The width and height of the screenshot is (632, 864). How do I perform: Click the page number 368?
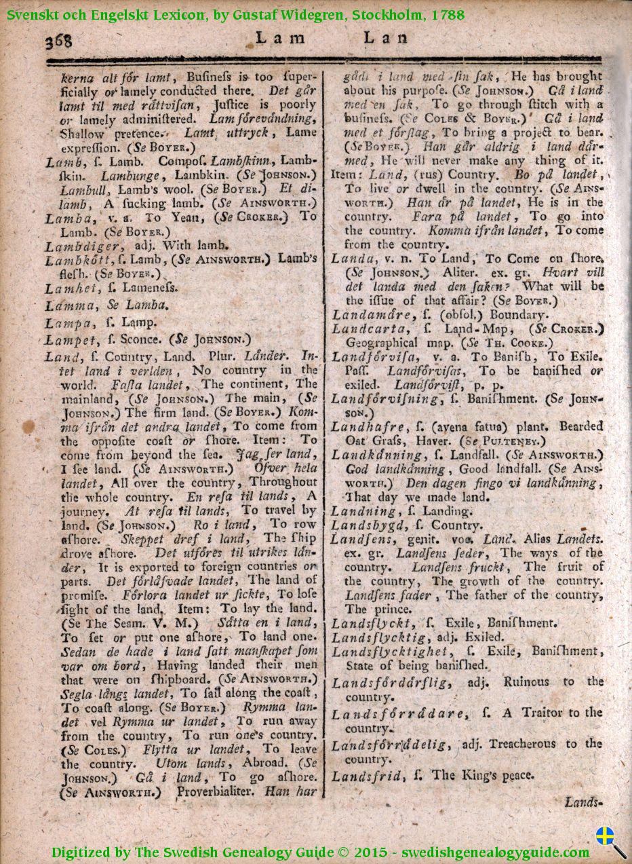[x=58, y=42]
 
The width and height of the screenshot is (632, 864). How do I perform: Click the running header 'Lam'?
[x=279, y=38]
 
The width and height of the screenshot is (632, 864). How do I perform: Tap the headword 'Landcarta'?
[x=369, y=329]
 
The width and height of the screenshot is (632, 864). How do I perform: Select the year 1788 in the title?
[x=448, y=14]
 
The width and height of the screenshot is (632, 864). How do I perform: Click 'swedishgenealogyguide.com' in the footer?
[x=495, y=852]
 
